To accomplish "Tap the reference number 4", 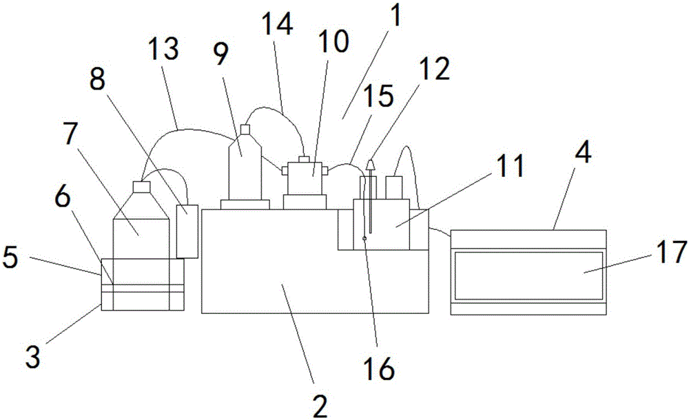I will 583,154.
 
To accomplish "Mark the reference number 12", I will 437,69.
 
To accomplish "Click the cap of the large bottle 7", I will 141,186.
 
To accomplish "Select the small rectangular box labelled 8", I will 187,231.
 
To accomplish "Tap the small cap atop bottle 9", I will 244,129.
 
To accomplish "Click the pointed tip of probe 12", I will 371,163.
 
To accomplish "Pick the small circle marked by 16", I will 364,239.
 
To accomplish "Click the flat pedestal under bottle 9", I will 244,204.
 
